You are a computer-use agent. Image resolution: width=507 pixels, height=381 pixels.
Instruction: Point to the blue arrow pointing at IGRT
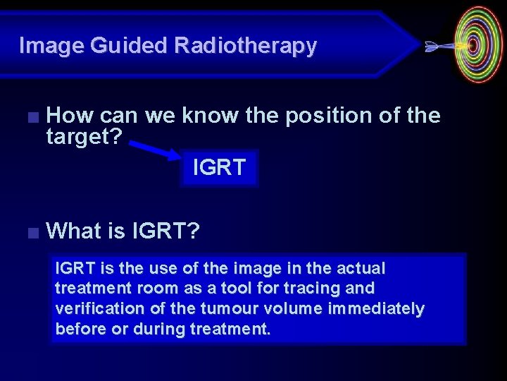[156, 149]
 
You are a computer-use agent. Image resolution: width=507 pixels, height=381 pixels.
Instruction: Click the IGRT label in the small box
[219, 168]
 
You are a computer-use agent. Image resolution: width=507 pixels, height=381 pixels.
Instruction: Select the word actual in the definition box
[361, 269]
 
